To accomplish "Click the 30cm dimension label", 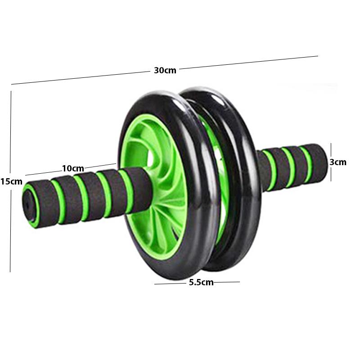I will [165, 70].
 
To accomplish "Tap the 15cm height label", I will [11, 181].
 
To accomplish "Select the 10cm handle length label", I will [73, 168].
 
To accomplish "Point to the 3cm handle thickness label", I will [338, 162].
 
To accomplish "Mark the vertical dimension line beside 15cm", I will [10, 135].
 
